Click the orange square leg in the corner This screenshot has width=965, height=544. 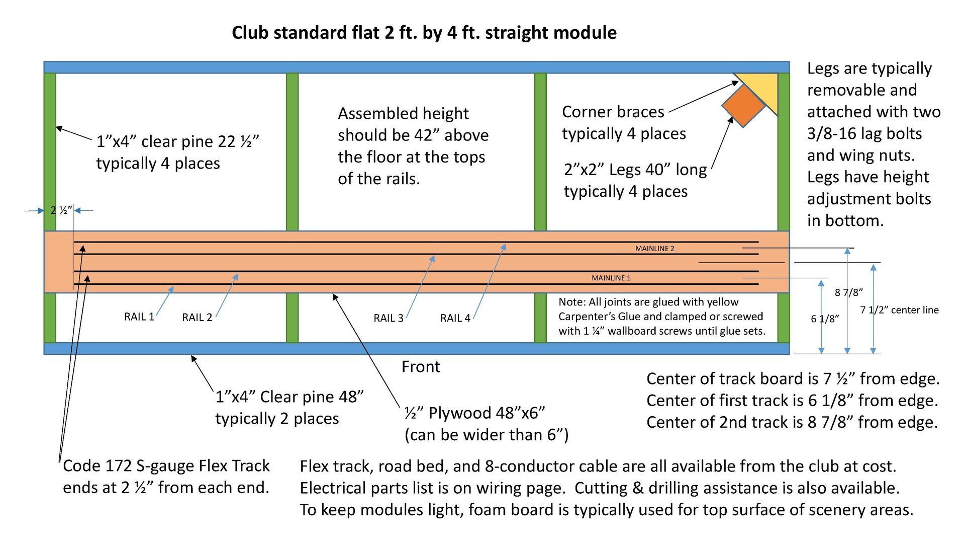[x=743, y=105]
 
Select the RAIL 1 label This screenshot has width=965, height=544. [x=139, y=317]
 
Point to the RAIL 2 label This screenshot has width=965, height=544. [x=197, y=318]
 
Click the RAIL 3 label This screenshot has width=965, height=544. [x=389, y=318]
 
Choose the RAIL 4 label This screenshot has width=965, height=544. [x=455, y=318]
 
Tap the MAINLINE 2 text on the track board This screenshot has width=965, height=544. [x=654, y=249]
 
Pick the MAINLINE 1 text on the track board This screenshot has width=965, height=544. [x=611, y=278]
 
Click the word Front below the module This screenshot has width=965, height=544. [x=421, y=367]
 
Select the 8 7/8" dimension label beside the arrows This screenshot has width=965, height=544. [x=849, y=292]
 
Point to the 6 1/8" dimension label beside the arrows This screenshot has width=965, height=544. [x=825, y=319]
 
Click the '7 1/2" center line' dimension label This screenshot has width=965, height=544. [x=899, y=310]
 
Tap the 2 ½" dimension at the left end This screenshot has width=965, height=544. [x=61, y=210]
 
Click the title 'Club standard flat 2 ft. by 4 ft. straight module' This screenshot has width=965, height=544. [x=424, y=33]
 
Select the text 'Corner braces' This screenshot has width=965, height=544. [x=613, y=112]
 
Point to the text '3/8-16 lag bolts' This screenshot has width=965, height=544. [x=864, y=134]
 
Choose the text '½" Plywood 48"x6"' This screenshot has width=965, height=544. [x=474, y=413]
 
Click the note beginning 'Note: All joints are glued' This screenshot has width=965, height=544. [x=661, y=317]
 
